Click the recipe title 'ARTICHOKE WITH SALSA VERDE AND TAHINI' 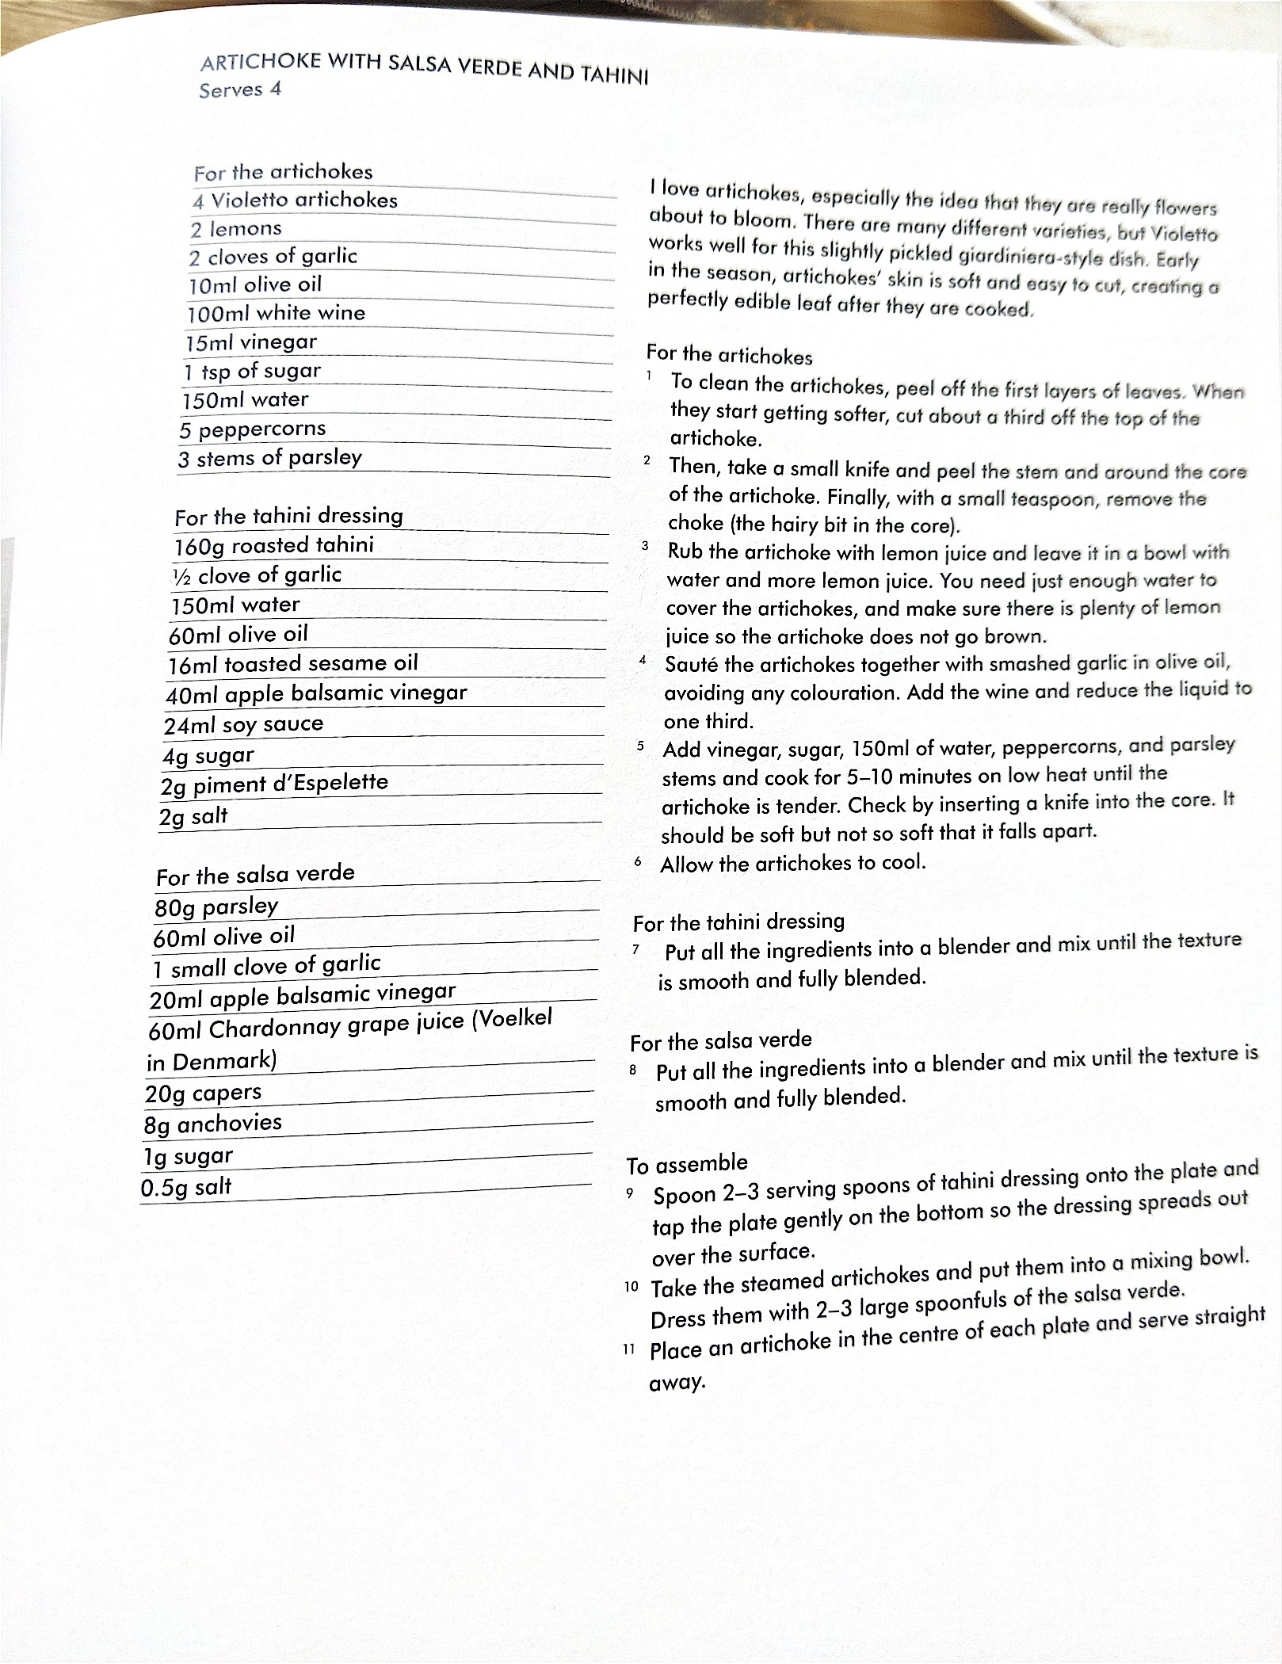pyautogui.click(x=424, y=68)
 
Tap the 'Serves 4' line pyautogui.click(x=240, y=90)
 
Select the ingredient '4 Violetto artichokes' pyautogui.click(x=295, y=200)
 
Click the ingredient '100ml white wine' pyautogui.click(x=276, y=313)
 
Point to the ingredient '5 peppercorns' pyautogui.click(x=252, y=429)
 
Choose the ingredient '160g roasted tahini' pyautogui.click(x=274, y=546)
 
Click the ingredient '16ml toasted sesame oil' pyautogui.click(x=292, y=664)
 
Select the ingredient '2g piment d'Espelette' pyautogui.click(x=274, y=784)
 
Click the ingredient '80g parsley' pyautogui.click(x=216, y=906)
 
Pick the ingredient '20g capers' pyautogui.click(x=203, y=1093)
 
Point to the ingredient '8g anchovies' pyautogui.click(x=212, y=1124)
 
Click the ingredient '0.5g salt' pyautogui.click(x=186, y=1188)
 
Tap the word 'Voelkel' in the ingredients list pyautogui.click(x=512, y=1019)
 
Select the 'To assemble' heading pyautogui.click(x=687, y=1164)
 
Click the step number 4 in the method pyautogui.click(x=643, y=659)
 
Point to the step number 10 pyautogui.click(x=631, y=1286)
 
